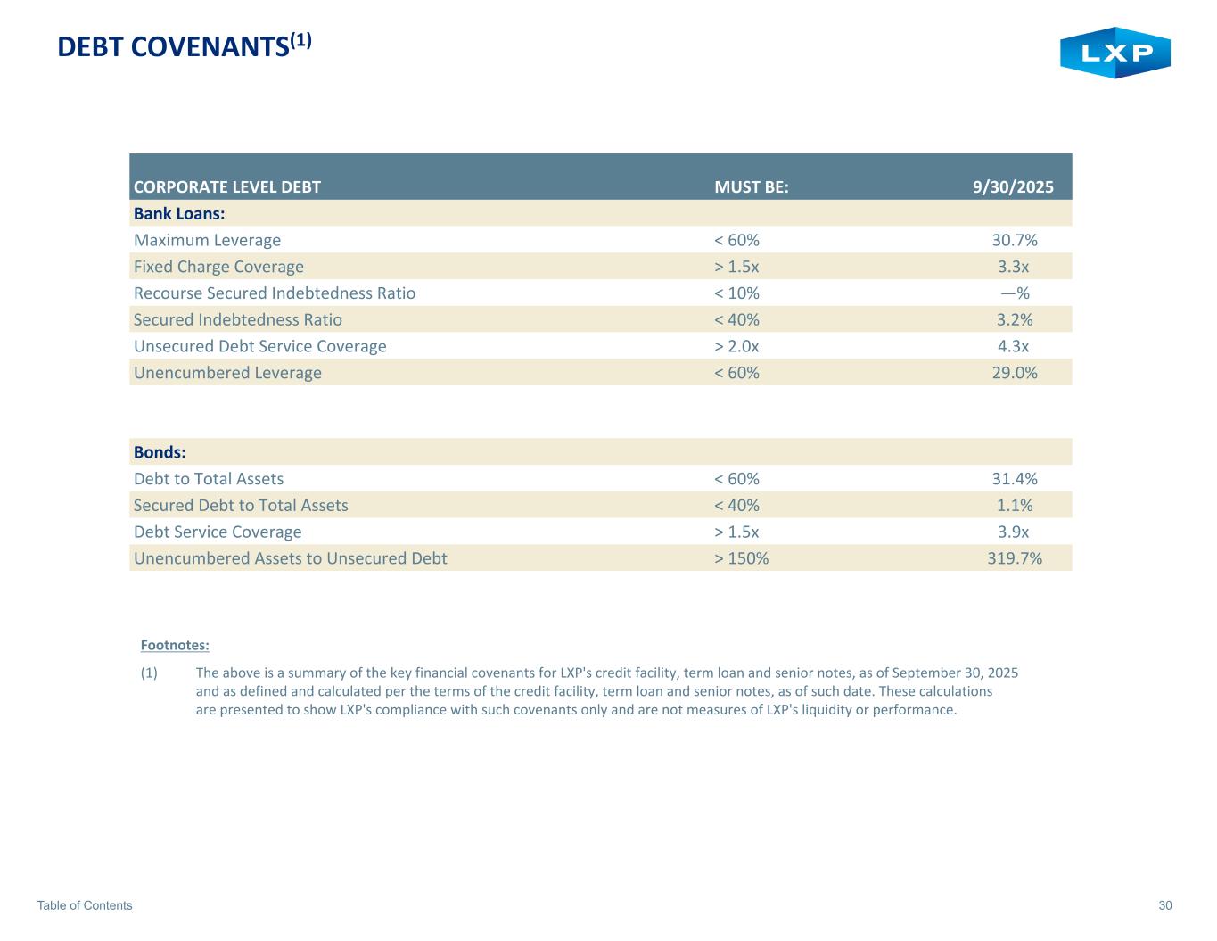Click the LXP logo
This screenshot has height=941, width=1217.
pos(1114,53)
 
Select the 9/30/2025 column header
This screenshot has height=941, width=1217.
pos(1012,187)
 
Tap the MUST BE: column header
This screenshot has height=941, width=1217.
pos(752,187)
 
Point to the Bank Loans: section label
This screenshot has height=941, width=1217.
pos(178,214)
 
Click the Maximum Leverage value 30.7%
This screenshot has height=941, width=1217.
pos(1015,240)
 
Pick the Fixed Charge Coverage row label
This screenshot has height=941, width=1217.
pos(218,267)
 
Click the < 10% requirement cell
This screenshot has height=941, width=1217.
pos(736,293)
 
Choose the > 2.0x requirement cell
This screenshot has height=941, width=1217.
pos(736,346)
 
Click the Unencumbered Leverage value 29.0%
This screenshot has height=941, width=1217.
pos(1015,373)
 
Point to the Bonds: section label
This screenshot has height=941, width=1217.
pos(160,452)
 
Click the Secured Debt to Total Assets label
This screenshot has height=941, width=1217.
pos(241,506)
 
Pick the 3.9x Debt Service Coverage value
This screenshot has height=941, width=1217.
pos(1013,532)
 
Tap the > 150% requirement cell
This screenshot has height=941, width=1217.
pos(741,558)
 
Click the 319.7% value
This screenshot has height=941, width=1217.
pos(1010,558)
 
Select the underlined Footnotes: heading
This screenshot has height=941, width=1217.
pos(175,645)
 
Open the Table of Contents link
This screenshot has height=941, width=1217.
pos(85,905)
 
